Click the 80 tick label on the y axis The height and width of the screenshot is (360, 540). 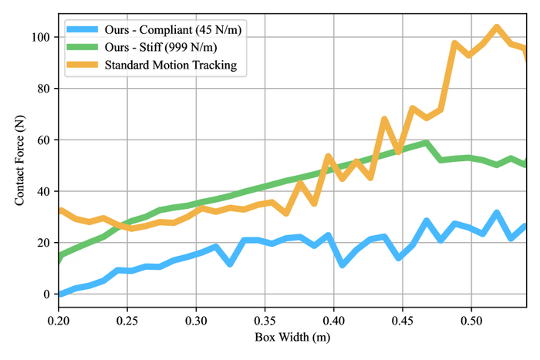point(44,89)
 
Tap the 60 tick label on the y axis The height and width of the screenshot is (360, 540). point(44,140)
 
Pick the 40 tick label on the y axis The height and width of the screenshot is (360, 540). point(44,191)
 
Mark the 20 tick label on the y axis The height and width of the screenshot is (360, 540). point(44,243)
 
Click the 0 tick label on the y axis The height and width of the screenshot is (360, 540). point(47,294)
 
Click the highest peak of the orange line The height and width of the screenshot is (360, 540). point(496,28)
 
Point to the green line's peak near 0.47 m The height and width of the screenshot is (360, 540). point(424,143)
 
